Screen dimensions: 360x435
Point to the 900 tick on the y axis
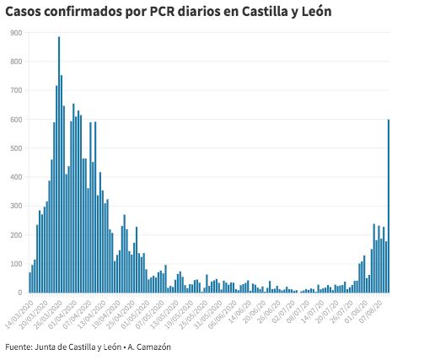[x=17, y=32]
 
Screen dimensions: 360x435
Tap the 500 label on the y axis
[x=17, y=148]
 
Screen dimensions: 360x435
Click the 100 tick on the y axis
[x=17, y=264]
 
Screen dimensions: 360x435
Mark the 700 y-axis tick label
[x=17, y=90]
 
